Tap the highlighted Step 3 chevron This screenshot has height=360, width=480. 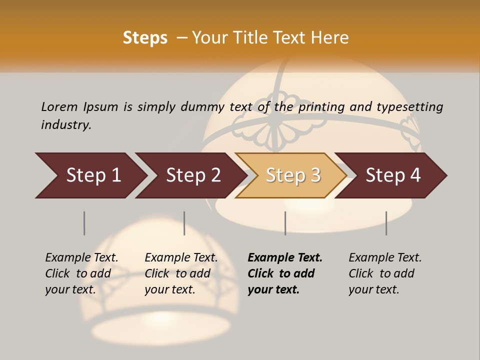(x=292, y=175)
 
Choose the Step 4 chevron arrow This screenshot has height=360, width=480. (x=392, y=175)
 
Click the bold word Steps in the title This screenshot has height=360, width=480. (x=145, y=38)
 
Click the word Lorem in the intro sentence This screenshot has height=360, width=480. (x=59, y=106)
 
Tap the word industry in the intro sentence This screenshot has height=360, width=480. (x=66, y=124)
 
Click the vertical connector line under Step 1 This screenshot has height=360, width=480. (x=84, y=223)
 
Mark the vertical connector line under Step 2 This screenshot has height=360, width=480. (x=184, y=223)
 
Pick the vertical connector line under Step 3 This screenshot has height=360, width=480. (x=285, y=223)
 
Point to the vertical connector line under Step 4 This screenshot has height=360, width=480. (x=386, y=223)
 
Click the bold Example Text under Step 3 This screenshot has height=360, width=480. (x=285, y=258)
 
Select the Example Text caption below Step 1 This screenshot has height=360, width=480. (x=81, y=258)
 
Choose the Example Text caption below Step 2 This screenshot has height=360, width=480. (x=181, y=258)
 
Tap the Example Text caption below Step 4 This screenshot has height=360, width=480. (x=385, y=258)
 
